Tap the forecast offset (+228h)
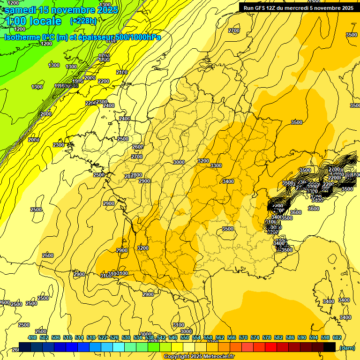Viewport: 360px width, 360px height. coord(83,21)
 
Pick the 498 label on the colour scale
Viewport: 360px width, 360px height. coord(32,337)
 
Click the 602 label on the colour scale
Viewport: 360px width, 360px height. coord(337,337)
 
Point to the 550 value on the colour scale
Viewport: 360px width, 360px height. coord(185,337)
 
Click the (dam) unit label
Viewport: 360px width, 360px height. coord(347,348)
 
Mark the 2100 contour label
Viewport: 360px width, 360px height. coord(121,72)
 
